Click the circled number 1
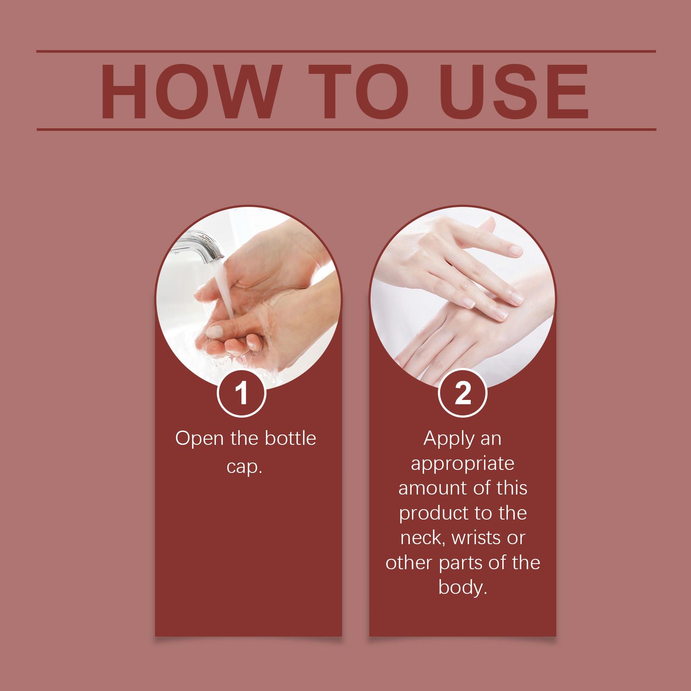tap(242, 394)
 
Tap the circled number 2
tap(463, 394)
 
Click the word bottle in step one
tap(290, 438)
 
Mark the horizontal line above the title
tap(346, 52)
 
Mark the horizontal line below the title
tap(346, 129)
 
